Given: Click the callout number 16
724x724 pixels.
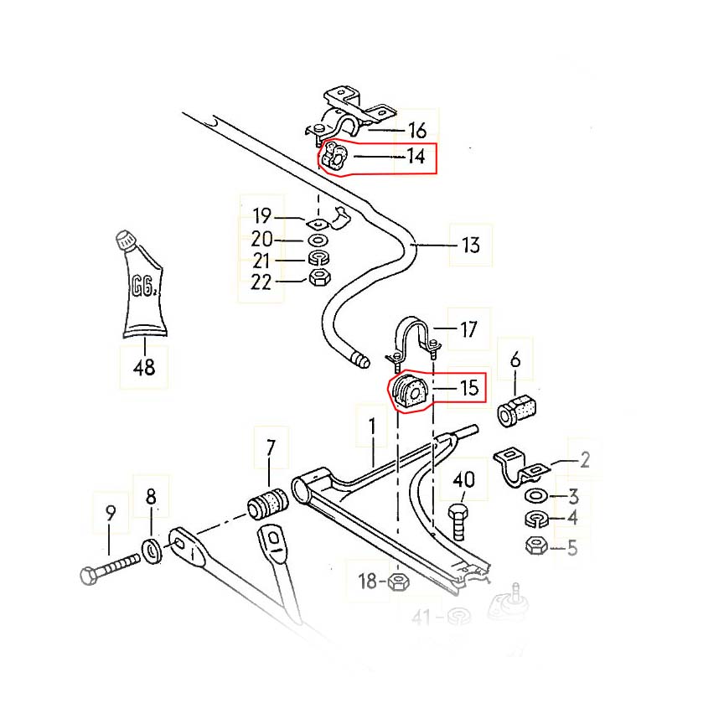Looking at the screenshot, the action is pyautogui.click(x=417, y=130).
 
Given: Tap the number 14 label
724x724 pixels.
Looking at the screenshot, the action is pyautogui.click(x=416, y=156).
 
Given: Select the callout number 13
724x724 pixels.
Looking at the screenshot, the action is pyautogui.click(x=470, y=246).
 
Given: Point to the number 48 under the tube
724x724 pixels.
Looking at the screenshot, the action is pyautogui.click(x=144, y=368).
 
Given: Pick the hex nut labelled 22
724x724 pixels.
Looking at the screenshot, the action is pyautogui.click(x=318, y=277).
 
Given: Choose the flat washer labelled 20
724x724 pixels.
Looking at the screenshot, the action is pyautogui.click(x=318, y=240).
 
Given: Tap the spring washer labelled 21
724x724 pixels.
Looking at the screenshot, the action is pyautogui.click(x=318, y=258).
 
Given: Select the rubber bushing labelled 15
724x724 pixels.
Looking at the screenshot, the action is pyautogui.click(x=410, y=392).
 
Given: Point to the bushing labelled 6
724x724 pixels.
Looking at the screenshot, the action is pyautogui.click(x=516, y=411).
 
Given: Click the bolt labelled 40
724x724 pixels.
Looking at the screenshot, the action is pyautogui.click(x=458, y=522).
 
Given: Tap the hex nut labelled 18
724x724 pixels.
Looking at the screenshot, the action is pyautogui.click(x=398, y=582).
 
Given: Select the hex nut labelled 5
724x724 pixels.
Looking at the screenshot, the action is pyautogui.click(x=536, y=546).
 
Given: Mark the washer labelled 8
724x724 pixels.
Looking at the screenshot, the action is pyautogui.click(x=152, y=551).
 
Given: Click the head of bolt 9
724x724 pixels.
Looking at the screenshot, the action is pyautogui.click(x=89, y=576).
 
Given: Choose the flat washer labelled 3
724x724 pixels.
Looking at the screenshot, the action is pyautogui.click(x=536, y=496).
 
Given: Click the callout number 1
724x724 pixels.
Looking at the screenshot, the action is pyautogui.click(x=372, y=427).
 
